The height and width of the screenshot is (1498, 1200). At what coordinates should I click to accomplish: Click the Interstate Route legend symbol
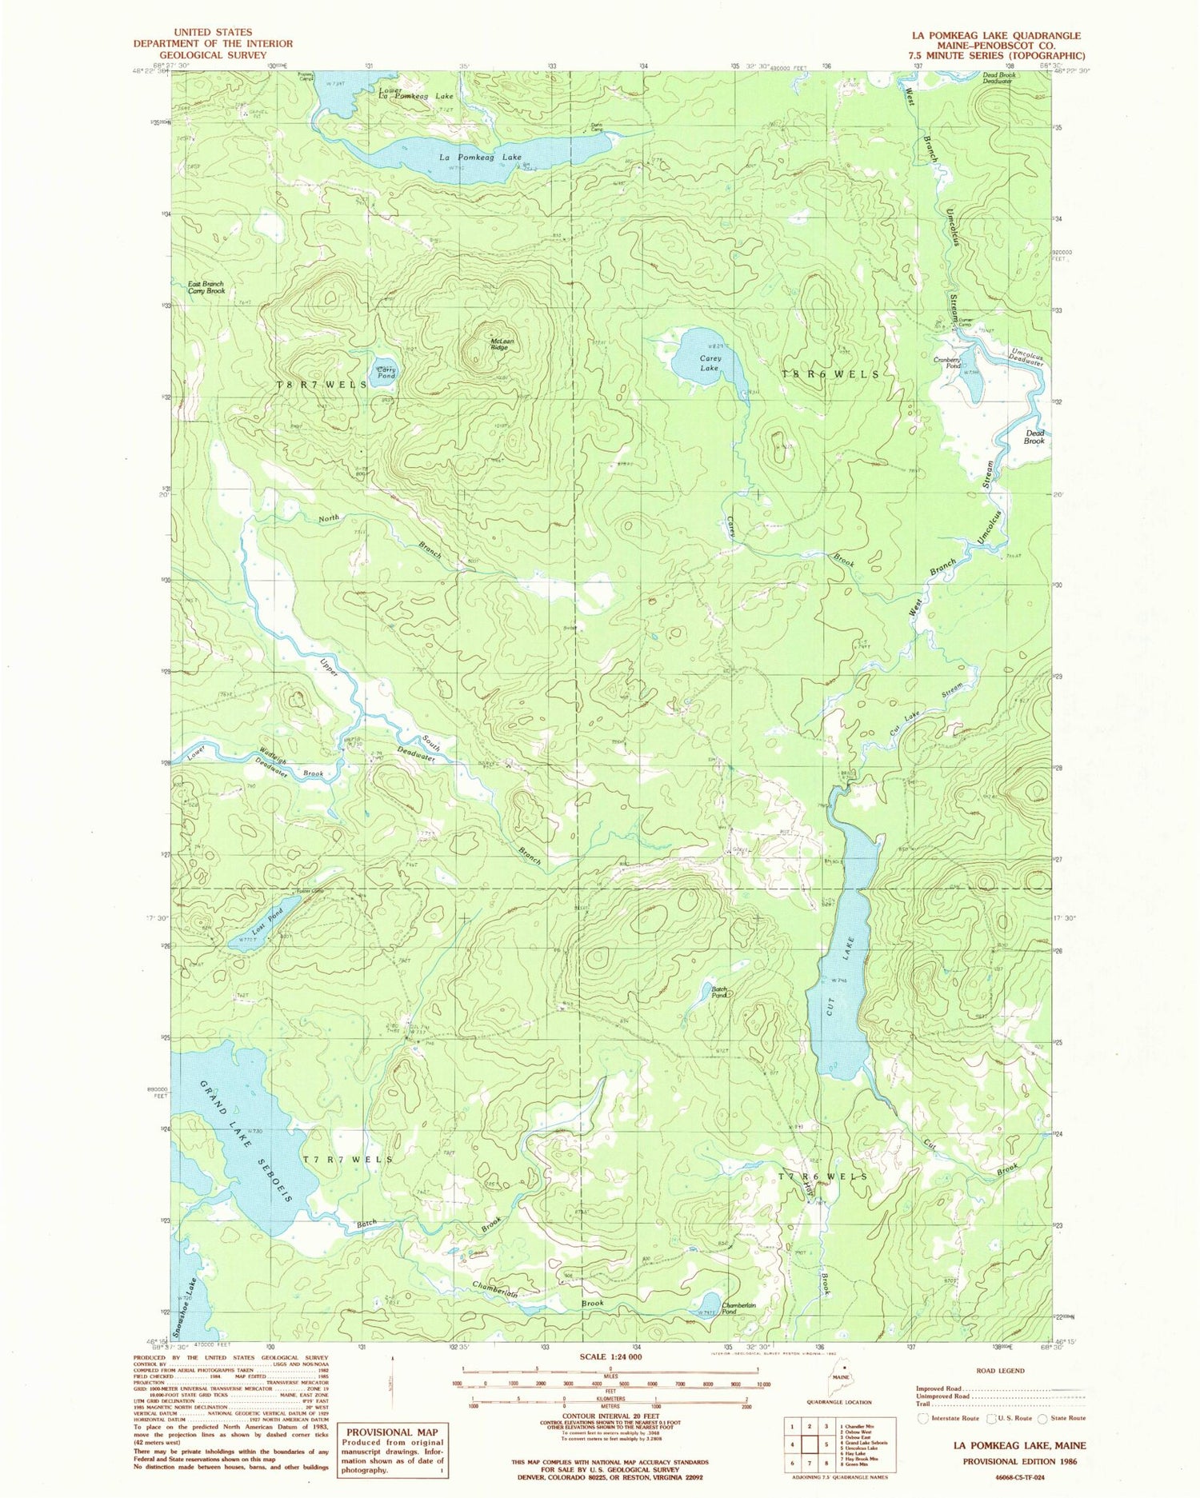(925, 1418)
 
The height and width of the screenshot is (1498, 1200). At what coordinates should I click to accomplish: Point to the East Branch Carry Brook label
(206, 288)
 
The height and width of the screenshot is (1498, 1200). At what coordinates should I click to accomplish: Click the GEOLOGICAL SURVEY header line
(213, 55)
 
